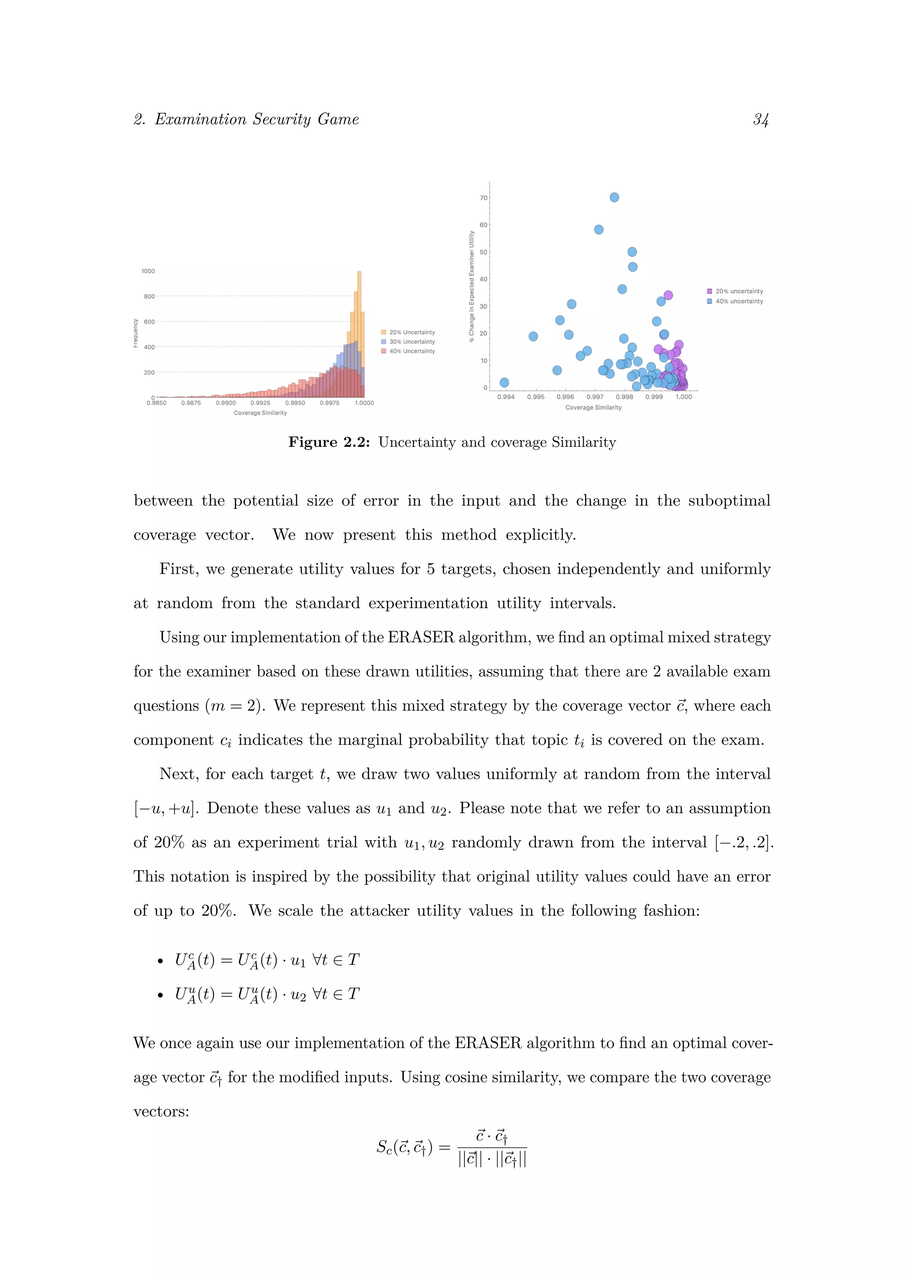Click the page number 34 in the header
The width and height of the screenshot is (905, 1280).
[761, 119]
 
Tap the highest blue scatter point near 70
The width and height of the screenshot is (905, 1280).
[614, 198]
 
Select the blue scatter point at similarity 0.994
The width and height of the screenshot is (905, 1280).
[504, 382]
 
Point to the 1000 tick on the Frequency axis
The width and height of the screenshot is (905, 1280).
[148, 271]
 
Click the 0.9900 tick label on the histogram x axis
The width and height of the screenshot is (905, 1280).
[226, 403]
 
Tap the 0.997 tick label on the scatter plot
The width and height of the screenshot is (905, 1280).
[595, 397]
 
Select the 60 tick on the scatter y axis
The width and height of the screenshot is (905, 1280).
[483, 225]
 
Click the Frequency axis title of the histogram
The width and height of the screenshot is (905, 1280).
[135, 333]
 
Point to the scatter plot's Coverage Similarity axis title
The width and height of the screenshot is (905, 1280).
[593, 408]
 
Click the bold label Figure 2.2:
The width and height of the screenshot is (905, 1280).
[329, 442]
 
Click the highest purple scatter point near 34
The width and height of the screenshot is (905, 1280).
[668, 295]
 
